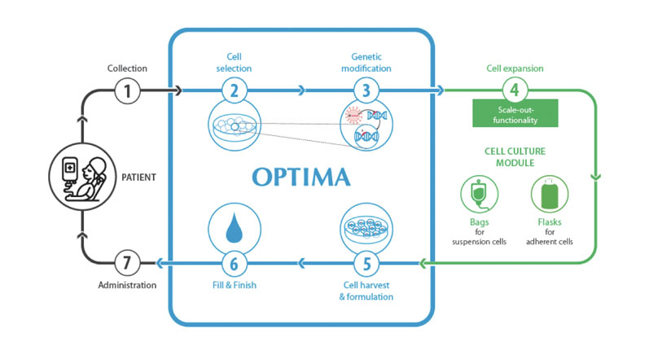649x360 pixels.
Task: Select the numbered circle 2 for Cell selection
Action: [x=234, y=90]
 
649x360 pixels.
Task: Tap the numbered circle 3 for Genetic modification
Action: [x=366, y=90]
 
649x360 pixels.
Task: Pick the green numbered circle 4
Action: [x=515, y=90]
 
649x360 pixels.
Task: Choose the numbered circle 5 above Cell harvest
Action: [x=366, y=262]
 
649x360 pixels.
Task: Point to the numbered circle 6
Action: [x=234, y=262]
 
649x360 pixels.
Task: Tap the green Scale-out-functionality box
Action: [x=515, y=113]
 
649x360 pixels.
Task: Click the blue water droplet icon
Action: [x=234, y=225]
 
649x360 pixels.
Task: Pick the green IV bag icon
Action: [x=479, y=196]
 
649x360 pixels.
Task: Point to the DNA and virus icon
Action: [x=366, y=126]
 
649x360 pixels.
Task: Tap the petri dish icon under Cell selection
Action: [x=234, y=126]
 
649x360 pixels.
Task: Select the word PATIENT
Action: [x=138, y=175]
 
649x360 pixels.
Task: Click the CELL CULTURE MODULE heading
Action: [x=515, y=156]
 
